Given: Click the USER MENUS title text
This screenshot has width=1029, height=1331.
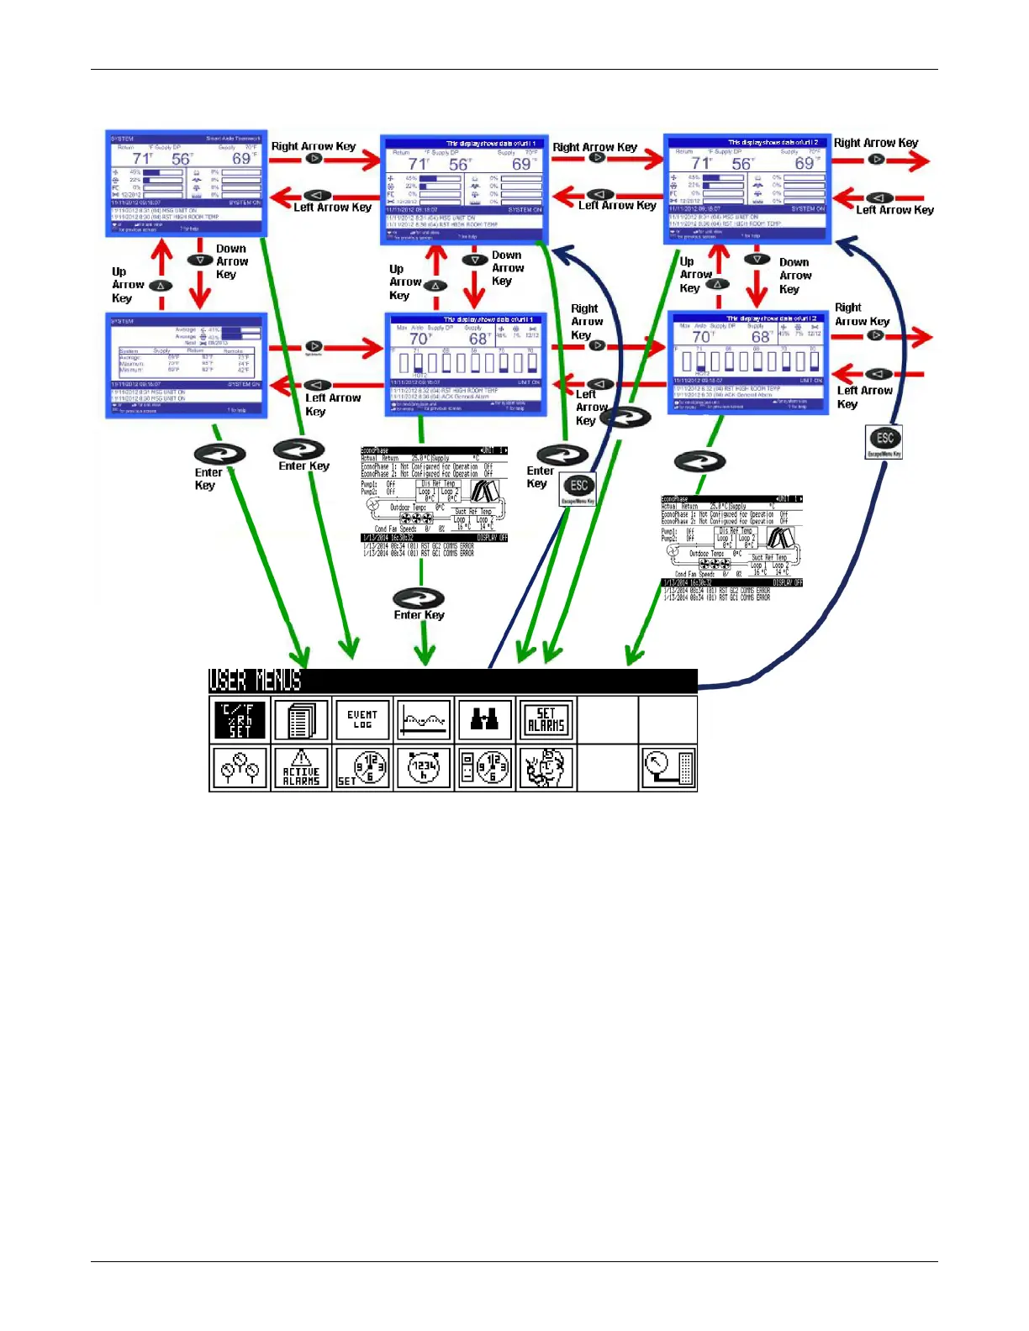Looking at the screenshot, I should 255,681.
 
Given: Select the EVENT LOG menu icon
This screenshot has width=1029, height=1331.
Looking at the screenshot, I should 362,720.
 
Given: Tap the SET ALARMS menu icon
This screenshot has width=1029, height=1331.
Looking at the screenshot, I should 546,720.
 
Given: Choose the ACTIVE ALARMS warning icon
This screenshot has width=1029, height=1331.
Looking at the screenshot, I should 301,768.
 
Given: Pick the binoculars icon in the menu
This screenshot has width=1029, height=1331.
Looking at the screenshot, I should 484,719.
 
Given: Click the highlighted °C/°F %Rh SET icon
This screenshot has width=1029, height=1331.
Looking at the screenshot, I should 240,720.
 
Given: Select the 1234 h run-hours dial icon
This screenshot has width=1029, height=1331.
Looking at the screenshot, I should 424,768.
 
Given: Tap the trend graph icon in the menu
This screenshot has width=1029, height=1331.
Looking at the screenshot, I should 424,720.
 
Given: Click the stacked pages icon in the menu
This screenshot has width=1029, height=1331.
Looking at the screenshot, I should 301,720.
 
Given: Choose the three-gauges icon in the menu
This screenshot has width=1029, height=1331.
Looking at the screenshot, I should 240,768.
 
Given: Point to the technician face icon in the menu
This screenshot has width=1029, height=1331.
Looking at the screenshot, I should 546,768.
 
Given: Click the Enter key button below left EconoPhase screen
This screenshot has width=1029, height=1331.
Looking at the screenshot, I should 419,598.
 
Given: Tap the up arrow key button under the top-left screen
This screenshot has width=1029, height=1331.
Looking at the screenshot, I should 160,286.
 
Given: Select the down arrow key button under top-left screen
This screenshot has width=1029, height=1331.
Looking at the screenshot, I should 199,260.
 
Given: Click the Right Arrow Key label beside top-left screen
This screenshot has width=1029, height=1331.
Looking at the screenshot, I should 313,146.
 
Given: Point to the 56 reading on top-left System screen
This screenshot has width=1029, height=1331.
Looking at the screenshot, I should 182,159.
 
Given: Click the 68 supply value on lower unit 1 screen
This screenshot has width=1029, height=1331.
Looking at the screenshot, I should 478,339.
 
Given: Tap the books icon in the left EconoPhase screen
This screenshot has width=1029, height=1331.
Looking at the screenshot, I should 486,491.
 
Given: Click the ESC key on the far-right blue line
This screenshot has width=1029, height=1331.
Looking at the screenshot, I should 884,439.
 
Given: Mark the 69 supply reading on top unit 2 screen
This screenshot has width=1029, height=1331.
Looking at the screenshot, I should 805,163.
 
